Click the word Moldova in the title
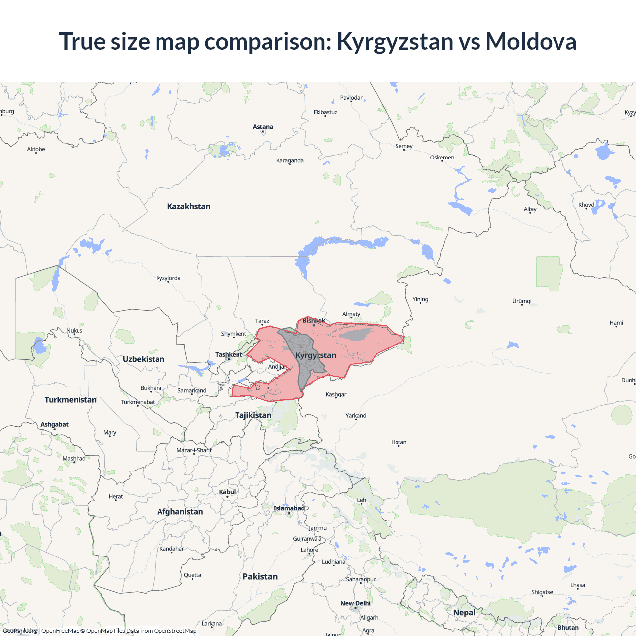(x=531, y=41)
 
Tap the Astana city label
(x=263, y=127)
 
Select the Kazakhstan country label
(x=189, y=206)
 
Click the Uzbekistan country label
(x=144, y=359)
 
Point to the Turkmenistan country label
(x=71, y=400)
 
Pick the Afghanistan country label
(x=180, y=512)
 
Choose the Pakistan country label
(x=260, y=576)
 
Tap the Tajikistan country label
(x=253, y=415)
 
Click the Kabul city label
(x=228, y=492)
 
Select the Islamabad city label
(x=289, y=508)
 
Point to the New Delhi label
(x=355, y=603)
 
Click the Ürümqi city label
(x=522, y=301)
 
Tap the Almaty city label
(x=351, y=314)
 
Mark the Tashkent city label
(x=229, y=354)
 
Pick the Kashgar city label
(x=336, y=394)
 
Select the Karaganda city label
(x=290, y=160)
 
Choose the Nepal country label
(x=464, y=612)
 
